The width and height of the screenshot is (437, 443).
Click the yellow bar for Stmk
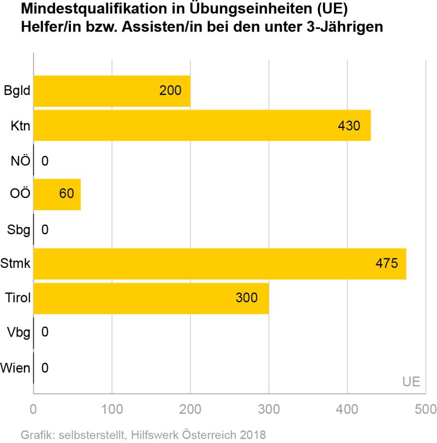coord(219,264)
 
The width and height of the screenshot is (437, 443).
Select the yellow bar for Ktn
coord(202,126)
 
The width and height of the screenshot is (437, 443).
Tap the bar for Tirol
coord(151,298)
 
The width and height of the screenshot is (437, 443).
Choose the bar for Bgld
coord(112,91)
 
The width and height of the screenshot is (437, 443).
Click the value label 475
coord(386,263)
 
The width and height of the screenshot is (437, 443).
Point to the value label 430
coord(349,126)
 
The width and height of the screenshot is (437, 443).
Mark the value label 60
coord(66,193)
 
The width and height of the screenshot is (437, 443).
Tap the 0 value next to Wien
coord(45,367)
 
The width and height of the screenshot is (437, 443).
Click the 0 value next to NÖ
coord(45,160)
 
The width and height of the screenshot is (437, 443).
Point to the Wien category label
coord(16,367)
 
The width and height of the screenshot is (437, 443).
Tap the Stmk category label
coord(16,264)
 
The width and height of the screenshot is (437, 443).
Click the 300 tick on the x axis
coord(269,410)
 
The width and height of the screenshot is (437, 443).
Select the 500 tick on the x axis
coord(425,410)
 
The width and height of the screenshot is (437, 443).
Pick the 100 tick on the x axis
coord(112,410)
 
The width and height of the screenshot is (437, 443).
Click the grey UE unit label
coord(411,381)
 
